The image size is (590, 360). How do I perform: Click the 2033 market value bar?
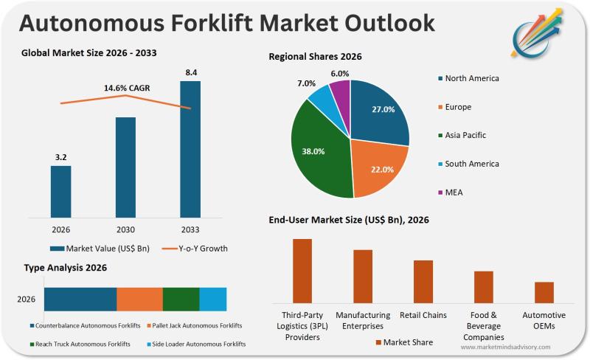[190, 149]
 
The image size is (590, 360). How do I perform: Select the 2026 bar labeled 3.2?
[61, 191]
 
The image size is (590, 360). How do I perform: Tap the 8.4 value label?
[190, 72]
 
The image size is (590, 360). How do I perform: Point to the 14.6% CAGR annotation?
[126, 89]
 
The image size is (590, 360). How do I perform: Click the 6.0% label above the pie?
[340, 74]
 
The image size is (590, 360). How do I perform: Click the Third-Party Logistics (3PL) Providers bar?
[302, 270]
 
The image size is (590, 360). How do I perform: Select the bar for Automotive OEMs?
[544, 292]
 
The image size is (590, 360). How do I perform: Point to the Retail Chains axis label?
[423, 316]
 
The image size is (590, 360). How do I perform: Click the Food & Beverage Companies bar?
[484, 287]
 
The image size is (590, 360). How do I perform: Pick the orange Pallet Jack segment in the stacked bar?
[139, 299]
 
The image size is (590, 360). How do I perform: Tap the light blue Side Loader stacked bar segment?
[213, 299]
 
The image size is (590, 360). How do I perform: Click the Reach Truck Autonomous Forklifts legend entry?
[83, 344]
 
